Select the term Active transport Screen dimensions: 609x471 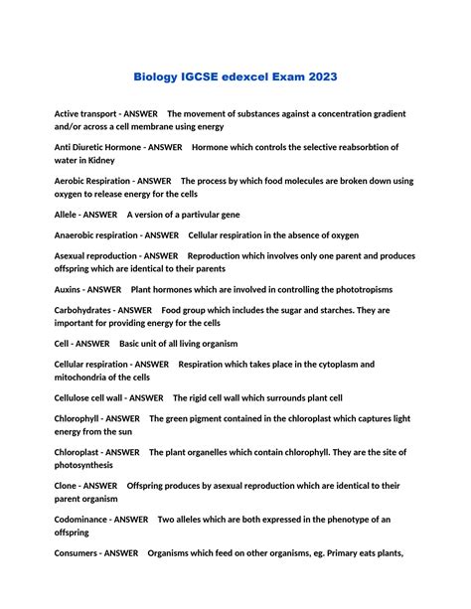coord(88,114)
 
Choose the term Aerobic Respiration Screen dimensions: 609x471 coord(92,181)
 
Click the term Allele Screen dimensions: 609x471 coord(67,215)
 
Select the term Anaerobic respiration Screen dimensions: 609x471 coord(96,235)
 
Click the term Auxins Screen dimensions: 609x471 coord(69,289)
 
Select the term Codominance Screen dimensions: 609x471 coord(81,520)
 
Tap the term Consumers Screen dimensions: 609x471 coord(77,553)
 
